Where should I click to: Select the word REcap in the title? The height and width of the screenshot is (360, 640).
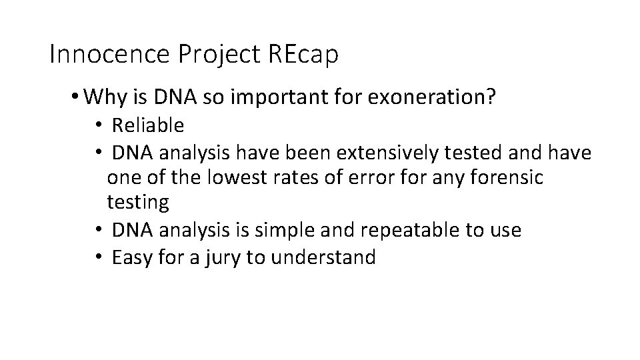pos(303,55)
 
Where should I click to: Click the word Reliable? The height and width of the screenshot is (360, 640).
pos(148,125)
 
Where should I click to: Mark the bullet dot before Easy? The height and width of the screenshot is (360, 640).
pos(97,257)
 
